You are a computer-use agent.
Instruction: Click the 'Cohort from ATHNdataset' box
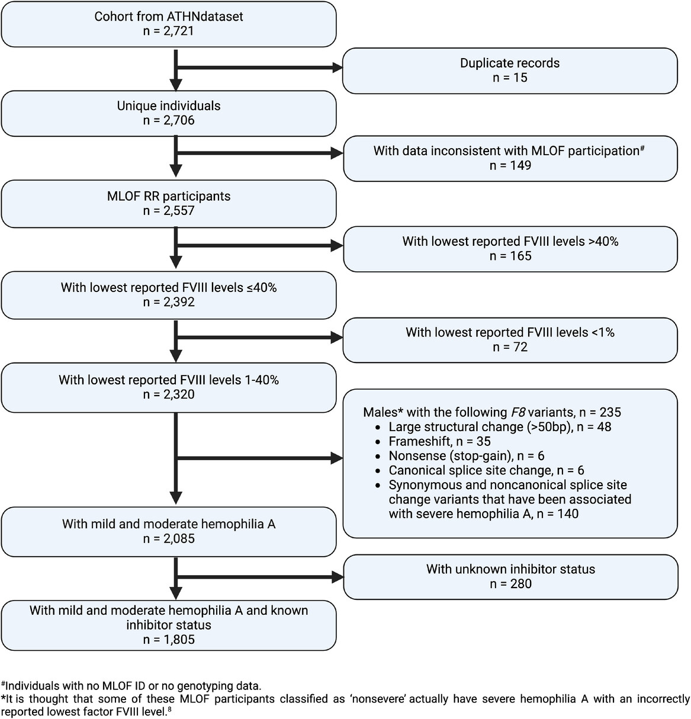(x=169, y=24)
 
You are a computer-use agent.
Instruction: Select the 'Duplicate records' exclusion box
(x=510, y=70)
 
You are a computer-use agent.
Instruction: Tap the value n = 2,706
(x=169, y=121)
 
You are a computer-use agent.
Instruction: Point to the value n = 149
(x=510, y=166)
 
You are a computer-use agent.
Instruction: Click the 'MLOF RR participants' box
(x=169, y=204)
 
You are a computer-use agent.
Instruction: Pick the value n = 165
(x=510, y=256)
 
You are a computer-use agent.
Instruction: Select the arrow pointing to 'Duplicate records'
(x=261, y=69)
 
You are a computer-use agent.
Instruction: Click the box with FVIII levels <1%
(x=510, y=339)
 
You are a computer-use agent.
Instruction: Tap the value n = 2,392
(x=169, y=302)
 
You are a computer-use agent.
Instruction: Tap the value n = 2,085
(x=169, y=539)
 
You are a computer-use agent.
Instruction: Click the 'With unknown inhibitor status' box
(x=510, y=576)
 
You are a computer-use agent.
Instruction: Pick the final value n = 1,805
(x=169, y=640)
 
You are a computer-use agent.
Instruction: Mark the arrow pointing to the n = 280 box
(x=261, y=576)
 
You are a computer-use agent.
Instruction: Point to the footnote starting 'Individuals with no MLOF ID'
(x=132, y=686)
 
